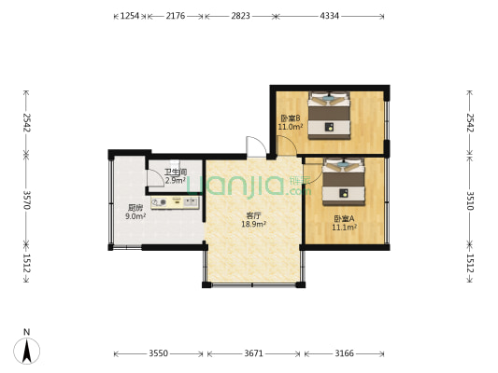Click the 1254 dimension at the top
point(130,16)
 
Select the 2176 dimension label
point(176,16)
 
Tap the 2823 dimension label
point(240,16)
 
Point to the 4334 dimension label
point(330,16)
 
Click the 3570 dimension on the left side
point(27,200)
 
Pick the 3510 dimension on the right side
point(470,200)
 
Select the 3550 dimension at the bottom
point(159,353)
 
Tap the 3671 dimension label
point(253,353)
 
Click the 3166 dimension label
point(344,353)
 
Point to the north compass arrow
point(27,351)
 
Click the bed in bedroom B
point(329,116)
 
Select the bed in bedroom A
point(343,182)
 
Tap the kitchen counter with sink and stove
point(175,203)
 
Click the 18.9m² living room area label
point(253,225)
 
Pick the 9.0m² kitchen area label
point(135,216)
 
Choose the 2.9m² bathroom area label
point(176,181)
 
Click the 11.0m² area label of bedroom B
point(291,127)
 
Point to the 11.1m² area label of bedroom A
point(344,228)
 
